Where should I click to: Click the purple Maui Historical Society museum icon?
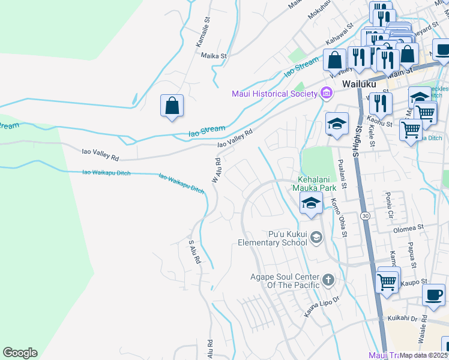(x=326, y=93)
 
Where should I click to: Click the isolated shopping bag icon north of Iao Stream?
(x=172, y=106)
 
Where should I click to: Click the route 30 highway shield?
(x=364, y=215)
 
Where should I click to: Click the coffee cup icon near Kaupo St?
(x=433, y=295)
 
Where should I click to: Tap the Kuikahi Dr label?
(x=408, y=319)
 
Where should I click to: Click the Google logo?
(x=20, y=353)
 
